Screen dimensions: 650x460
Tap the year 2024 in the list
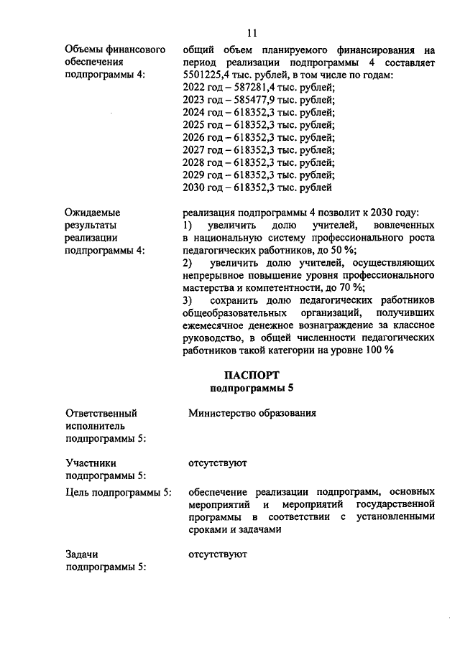[x=195, y=112]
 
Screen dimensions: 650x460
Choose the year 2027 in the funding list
[x=195, y=150]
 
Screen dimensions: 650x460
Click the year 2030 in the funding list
[x=195, y=187]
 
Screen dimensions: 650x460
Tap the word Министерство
[x=227, y=413]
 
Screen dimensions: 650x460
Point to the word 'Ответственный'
[x=101, y=413]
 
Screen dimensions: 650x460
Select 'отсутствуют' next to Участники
[x=218, y=463]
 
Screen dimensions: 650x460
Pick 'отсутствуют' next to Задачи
[x=218, y=554]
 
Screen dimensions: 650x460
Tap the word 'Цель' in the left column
[x=78, y=492]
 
